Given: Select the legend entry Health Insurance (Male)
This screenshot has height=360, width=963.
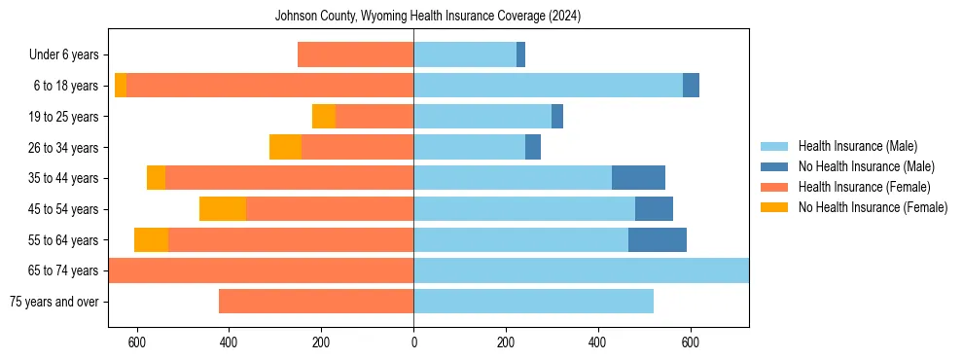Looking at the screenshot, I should pyautogui.click(x=856, y=146).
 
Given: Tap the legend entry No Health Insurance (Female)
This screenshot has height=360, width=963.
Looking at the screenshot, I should pyautogui.click(x=873, y=207).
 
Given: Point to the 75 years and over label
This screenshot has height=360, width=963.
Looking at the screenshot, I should pyautogui.click(x=53, y=302).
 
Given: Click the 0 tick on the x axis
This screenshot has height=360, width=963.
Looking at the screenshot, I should pyautogui.click(x=413, y=342).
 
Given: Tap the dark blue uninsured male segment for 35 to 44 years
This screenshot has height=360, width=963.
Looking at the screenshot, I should pyautogui.click(x=638, y=178).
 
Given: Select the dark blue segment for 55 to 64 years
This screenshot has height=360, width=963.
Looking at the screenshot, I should pyautogui.click(x=658, y=239).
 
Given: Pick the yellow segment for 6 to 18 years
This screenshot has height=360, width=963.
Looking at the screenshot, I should pyautogui.click(x=121, y=86).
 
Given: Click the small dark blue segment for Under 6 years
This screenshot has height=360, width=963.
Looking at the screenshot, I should pyautogui.click(x=520, y=55).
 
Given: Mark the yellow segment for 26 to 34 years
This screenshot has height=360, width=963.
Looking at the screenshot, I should pyautogui.click(x=285, y=147).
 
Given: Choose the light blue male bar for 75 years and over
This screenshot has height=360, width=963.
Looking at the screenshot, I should pyautogui.click(x=533, y=302).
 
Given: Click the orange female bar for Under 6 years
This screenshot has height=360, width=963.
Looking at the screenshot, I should pyautogui.click(x=355, y=55).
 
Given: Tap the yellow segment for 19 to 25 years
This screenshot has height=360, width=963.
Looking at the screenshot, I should pyautogui.click(x=324, y=117).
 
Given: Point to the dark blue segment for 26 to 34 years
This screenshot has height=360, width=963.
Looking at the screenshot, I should pyautogui.click(x=533, y=147).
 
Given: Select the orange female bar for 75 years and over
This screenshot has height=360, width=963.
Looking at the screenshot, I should pyautogui.click(x=316, y=302).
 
